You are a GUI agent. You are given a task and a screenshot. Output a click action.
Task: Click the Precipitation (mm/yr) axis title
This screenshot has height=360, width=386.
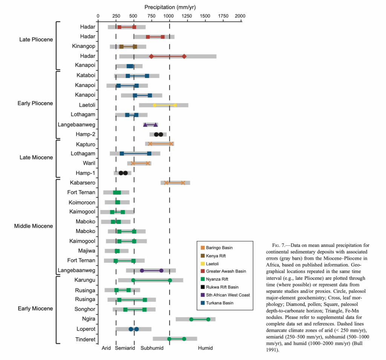(170, 7)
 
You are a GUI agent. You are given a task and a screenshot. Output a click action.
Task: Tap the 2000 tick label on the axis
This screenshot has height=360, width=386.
(239, 16)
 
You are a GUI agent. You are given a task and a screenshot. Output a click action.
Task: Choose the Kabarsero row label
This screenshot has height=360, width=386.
(83, 183)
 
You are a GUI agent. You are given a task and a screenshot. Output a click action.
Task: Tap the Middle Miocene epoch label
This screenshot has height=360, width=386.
(34, 227)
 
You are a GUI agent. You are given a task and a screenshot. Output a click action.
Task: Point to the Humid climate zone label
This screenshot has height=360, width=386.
(205, 348)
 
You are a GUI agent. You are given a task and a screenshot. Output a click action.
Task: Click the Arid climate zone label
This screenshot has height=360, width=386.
(106, 348)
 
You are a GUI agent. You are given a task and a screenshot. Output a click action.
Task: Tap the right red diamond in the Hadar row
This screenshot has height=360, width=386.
(184, 56)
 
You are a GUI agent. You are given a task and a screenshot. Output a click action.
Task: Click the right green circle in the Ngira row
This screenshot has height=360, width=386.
(208, 319)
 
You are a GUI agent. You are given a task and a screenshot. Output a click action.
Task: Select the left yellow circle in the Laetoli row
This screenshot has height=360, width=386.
(155, 105)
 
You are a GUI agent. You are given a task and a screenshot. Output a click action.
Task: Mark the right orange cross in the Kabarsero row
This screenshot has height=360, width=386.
(183, 183)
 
